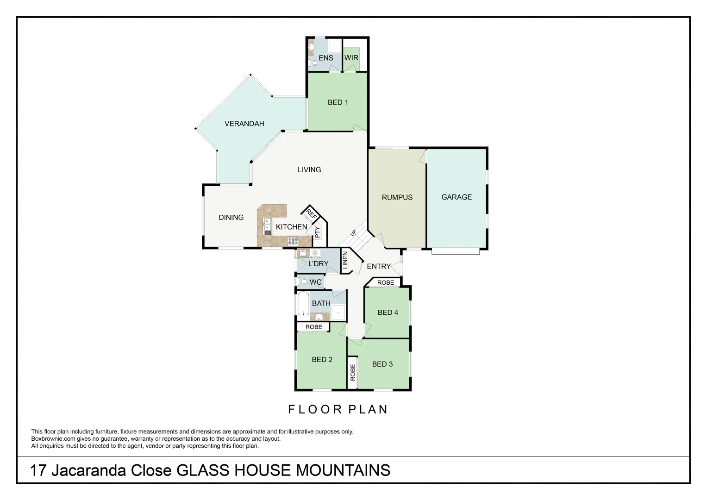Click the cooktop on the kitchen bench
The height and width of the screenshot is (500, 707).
(293, 241)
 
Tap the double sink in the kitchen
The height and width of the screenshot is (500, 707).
(267, 226)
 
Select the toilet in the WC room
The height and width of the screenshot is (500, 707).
(304, 281)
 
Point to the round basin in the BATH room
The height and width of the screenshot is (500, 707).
(319, 317)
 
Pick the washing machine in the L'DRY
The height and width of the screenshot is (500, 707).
(315, 253)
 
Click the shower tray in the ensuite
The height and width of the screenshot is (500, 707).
(334, 47)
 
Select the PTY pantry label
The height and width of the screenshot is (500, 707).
(318, 232)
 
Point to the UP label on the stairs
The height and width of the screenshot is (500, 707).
(353, 233)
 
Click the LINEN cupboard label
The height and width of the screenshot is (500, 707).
(345, 260)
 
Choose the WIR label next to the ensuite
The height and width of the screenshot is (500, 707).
(351, 58)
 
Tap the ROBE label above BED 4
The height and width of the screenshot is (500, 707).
(385, 282)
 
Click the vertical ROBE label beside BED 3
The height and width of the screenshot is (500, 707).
(353, 372)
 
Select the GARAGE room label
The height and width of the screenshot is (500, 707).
(457, 197)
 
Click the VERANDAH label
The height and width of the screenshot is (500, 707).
(244, 124)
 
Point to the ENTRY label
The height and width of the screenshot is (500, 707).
(378, 266)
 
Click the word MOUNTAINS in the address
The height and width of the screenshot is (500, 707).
(343, 470)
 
